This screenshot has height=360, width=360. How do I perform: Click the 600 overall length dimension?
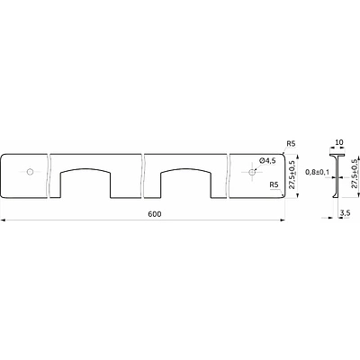[x=155, y=214]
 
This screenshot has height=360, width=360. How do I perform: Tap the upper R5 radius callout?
[x=291, y=144]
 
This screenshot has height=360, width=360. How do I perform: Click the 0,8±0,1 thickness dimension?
[x=316, y=172]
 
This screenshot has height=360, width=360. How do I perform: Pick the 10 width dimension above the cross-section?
[x=339, y=142]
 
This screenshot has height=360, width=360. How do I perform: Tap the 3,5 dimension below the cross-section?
[x=346, y=213]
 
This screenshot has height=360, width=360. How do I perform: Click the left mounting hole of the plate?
[x=30, y=172]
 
